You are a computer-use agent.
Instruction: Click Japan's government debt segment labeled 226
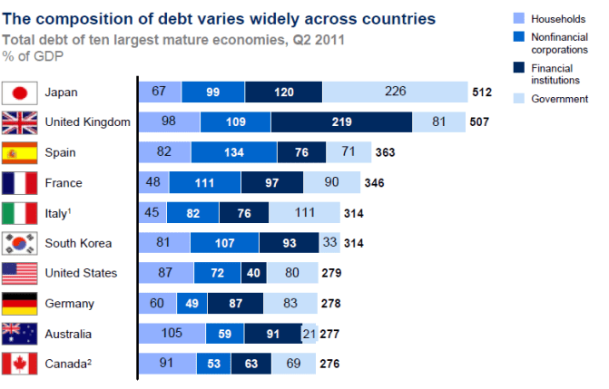coord(395,92)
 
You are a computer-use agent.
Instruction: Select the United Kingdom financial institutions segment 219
coord(341,122)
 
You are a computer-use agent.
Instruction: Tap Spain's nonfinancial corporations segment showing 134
coord(234,152)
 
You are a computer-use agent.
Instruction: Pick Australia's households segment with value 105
coord(172,334)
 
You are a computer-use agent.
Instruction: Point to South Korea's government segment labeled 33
coord(329,243)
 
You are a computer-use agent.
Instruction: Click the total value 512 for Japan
coord(482,92)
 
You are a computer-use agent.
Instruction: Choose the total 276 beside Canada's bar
coord(329,365)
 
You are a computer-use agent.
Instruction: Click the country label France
coord(64,183)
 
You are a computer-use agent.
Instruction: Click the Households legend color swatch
coord(521,18)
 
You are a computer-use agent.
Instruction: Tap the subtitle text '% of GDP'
coord(32,56)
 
